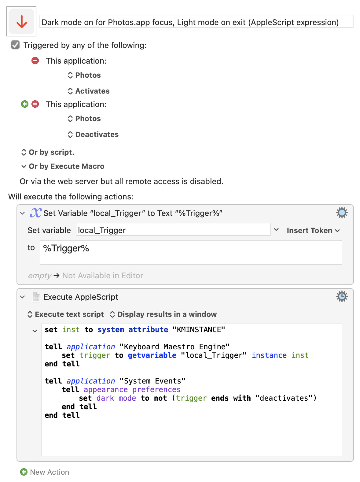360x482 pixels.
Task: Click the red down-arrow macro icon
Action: tap(21, 21)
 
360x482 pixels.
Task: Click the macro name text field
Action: tap(196, 22)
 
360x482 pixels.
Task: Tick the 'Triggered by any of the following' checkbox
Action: tap(15, 45)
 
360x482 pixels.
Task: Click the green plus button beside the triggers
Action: tap(24, 104)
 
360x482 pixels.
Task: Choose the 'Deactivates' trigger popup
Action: tap(93, 134)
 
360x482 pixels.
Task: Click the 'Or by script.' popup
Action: tap(48, 152)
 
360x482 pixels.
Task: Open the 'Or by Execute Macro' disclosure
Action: tap(63, 166)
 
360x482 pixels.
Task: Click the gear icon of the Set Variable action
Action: tap(342, 213)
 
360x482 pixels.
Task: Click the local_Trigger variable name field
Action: tap(173, 230)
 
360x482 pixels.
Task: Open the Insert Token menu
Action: tap(313, 230)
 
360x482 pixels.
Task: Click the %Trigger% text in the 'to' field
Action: tap(66, 248)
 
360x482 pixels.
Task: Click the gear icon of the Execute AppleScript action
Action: tap(342, 296)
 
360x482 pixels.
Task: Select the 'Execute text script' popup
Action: tap(65, 314)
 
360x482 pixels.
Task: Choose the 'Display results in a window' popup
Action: tap(163, 314)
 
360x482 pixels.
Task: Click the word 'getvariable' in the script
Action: tap(152, 355)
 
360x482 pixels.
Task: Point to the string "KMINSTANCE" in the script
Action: tap(199, 330)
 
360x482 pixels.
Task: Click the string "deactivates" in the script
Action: tap(284, 398)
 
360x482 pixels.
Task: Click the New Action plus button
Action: tap(24, 472)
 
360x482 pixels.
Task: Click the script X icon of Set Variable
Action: tap(35, 213)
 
